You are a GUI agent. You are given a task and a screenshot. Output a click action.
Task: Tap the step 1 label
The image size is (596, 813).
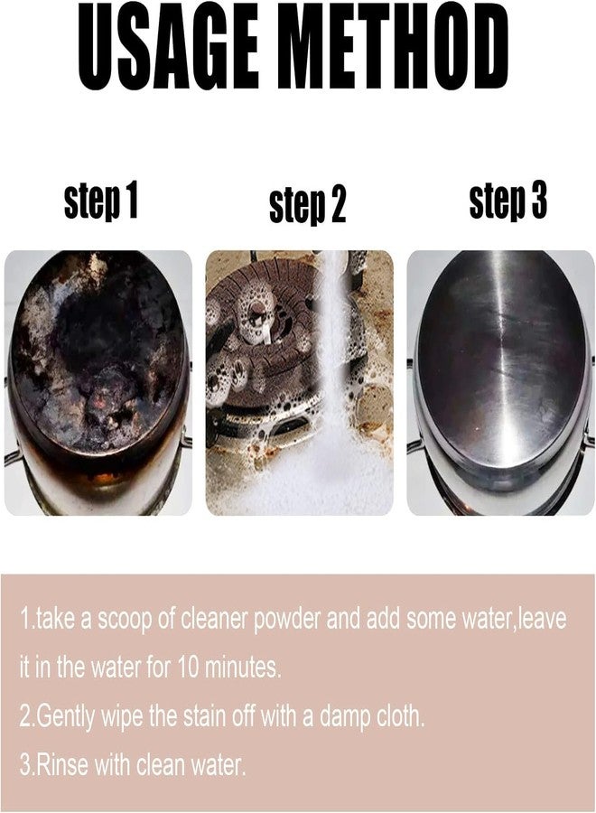click(x=101, y=201)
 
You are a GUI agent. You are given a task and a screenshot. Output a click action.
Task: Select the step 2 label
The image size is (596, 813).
click(x=307, y=205)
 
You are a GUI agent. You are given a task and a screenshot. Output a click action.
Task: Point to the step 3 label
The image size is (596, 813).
click(x=508, y=201)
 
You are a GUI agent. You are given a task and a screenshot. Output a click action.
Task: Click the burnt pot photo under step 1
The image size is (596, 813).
click(x=98, y=383)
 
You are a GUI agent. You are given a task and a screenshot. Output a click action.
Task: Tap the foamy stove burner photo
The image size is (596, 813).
click(x=300, y=383)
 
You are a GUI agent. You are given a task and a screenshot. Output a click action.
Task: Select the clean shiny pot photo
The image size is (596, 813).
click(x=500, y=383)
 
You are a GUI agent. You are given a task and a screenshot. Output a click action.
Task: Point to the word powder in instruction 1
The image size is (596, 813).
click(x=286, y=620)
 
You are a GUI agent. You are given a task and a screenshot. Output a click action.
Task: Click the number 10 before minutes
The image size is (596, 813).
click(x=188, y=668)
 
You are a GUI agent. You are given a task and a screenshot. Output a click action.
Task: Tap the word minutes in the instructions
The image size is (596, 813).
click(x=243, y=668)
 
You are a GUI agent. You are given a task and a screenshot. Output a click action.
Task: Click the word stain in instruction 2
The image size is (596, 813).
click(x=200, y=716)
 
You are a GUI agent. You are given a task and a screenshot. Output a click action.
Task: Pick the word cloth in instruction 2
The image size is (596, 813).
click(x=401, y=716)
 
